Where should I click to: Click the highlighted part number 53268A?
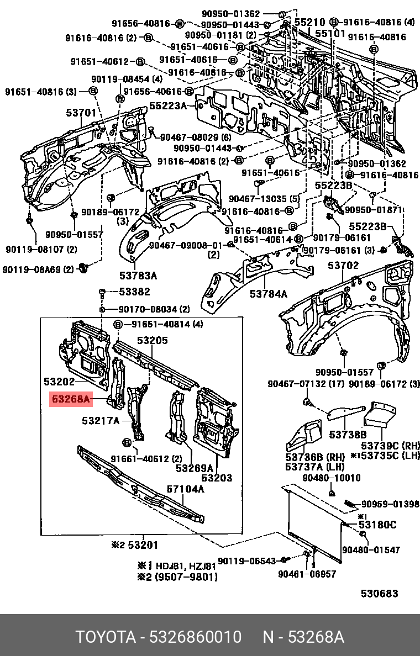click(70, 399)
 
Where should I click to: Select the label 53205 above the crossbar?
click(152, 341)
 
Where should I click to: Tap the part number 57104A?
click(186, 489)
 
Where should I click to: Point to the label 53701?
click(81, 113)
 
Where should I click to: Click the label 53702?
click(343, 266)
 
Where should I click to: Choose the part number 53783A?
click(138, 276)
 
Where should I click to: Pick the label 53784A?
click(269, 294)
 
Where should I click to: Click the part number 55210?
click(309, 23)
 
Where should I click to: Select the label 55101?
click(330, 33)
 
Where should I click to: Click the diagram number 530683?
click(379, 594)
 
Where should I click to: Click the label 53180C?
click(377, 524)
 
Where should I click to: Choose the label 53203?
click(216, 478)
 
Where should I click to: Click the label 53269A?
click(195, 468)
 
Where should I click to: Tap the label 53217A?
click(101, 421)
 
